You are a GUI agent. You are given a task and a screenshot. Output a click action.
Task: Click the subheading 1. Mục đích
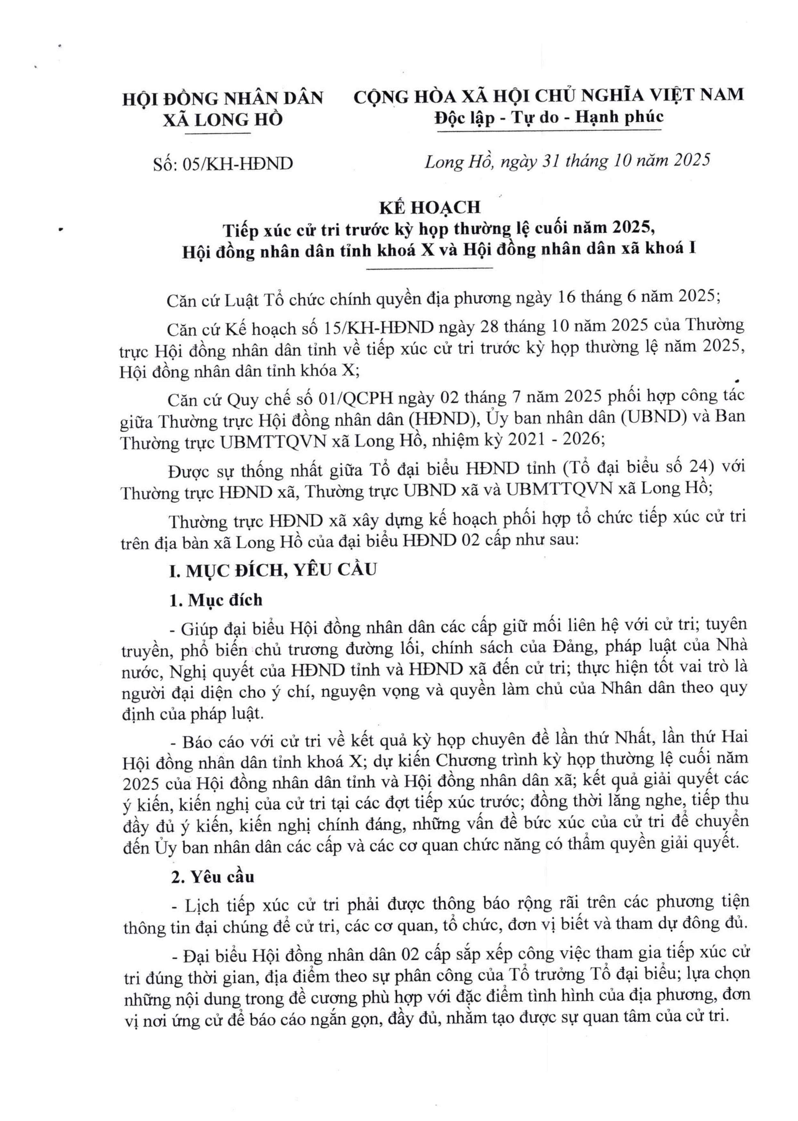tap(216, 600)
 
